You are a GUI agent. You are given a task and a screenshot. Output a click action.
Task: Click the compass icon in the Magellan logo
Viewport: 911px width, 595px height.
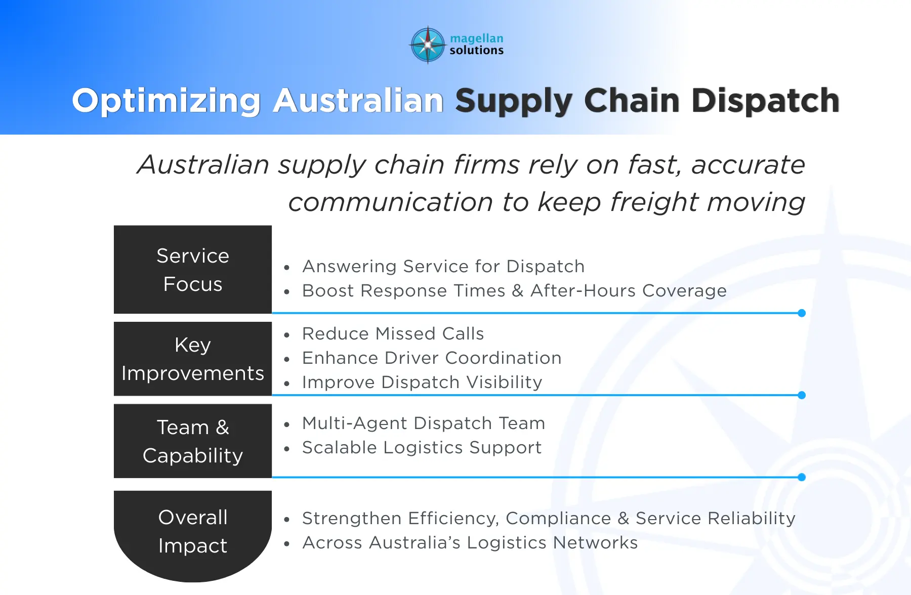point(428,45)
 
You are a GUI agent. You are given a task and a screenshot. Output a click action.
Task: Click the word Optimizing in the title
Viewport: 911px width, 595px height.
point(166,101)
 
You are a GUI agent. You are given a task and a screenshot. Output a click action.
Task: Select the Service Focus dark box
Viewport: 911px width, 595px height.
point(193,270)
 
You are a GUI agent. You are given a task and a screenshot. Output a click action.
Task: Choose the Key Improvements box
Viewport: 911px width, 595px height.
point(193,359)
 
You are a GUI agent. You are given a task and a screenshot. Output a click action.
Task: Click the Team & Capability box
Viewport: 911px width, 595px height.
point(193,441)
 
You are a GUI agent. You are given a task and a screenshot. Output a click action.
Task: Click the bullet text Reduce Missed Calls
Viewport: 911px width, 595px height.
point(393,334)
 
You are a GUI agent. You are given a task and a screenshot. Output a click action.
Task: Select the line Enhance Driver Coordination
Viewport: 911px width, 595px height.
point(431,358)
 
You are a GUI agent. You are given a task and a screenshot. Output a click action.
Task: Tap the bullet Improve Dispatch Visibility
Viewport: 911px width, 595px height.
point(422,382)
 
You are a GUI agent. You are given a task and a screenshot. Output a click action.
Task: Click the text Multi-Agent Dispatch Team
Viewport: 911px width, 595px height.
point(423,423)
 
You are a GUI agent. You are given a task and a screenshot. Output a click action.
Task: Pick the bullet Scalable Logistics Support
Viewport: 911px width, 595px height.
point(422,448)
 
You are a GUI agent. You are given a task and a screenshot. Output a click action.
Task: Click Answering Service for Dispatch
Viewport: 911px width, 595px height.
point(443,267)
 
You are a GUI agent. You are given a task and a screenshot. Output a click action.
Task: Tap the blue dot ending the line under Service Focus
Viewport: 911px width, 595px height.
point(802,313)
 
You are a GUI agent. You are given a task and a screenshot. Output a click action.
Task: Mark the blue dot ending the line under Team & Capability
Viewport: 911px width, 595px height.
point(802,477)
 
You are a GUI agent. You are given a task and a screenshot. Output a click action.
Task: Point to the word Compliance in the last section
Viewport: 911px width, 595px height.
point(558,519)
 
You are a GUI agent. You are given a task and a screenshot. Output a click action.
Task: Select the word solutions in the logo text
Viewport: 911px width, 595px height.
point(476,50)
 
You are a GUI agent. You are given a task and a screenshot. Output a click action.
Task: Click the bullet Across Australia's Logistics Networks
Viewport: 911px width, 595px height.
point(470,543)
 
